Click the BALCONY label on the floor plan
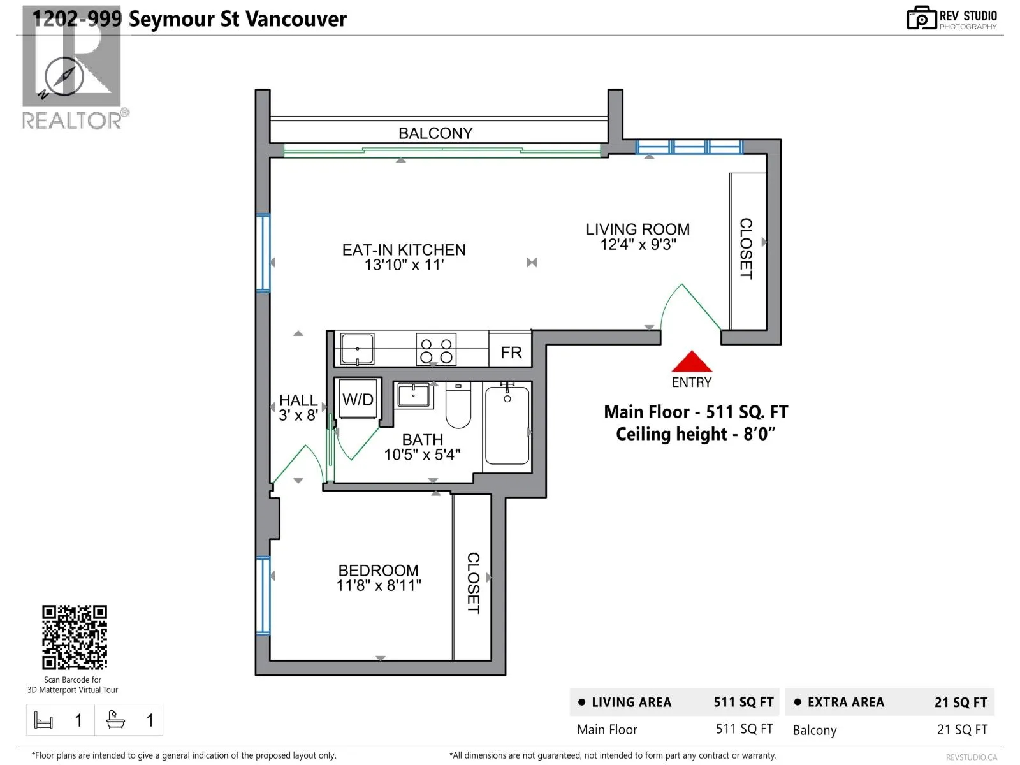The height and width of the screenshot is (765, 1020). [435, 133]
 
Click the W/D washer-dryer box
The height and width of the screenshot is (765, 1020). [358, 399]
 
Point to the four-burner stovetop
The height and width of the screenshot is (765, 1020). [436, 349]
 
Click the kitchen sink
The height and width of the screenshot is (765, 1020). [357, 349]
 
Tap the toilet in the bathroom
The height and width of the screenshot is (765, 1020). [458, 405]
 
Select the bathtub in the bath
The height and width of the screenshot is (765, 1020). [507, 425]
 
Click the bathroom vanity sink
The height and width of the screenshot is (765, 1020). [413, 395]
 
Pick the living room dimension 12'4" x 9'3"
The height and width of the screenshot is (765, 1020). [638, 244]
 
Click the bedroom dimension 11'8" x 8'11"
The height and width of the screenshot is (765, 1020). [379, 585]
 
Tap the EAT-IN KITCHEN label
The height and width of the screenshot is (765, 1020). [404, 250]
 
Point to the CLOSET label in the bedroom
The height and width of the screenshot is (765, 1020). [473, 583]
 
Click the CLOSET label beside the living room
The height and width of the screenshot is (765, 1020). [746, 249]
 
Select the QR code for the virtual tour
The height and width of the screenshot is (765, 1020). [75, 637]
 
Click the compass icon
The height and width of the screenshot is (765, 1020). [64, 77]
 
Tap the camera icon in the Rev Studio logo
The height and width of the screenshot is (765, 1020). [921, 18]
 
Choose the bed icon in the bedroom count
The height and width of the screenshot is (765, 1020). [43, 720]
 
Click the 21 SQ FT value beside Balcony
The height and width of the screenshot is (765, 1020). [962, 730]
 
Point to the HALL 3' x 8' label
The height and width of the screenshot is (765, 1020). [298, 407]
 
